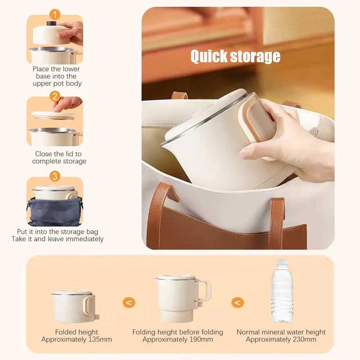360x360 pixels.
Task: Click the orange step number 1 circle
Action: [x=55, y=15]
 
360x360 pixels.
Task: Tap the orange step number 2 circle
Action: [x=55, y=96]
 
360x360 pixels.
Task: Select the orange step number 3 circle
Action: [x=55, y=176]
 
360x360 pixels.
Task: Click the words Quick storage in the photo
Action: [x=235, y=57]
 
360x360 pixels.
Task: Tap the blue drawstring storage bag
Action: [x=55, y=212]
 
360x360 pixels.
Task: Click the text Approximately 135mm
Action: [x=76, y=339]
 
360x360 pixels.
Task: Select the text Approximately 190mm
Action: [x=177, y=339]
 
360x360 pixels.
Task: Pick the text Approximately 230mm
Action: [x=281, y=339]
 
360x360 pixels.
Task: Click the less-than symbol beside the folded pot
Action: [x=129, y=302]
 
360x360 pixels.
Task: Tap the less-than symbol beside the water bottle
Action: [x=237, y=302]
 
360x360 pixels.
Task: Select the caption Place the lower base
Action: [x=57, y=76]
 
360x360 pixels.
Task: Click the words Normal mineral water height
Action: [x=281, y=332]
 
